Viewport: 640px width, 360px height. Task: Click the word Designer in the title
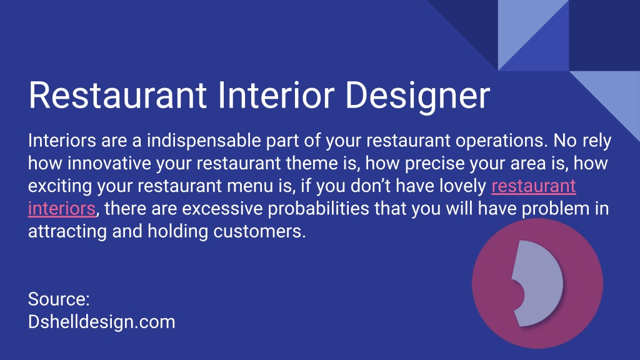(417, 96)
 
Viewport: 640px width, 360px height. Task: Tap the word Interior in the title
(276, 95)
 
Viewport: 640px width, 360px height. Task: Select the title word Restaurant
(117, 95)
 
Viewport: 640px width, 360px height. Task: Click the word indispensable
(204, 141)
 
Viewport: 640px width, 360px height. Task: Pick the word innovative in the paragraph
(109, 163)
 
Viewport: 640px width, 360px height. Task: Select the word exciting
(60, 187)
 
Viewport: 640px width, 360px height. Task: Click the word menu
(250, 186)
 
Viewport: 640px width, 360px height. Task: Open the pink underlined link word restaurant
(534, 186)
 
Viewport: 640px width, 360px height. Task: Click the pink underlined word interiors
(62, 209)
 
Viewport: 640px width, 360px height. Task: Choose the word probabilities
(318, 209)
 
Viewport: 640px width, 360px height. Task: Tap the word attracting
(67, 232)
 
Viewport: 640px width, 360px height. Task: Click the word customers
(259, 231)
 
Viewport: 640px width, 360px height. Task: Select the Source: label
(59, 299)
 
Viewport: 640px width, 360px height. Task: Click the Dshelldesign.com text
(102, 322)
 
